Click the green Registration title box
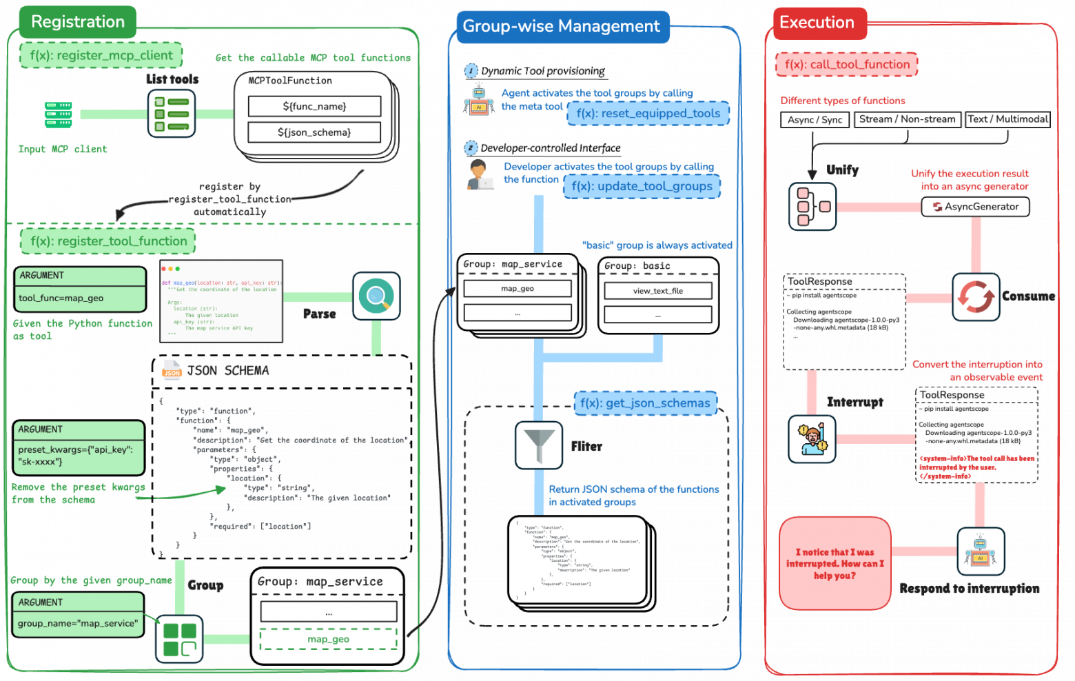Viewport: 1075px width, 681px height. (x=78, y=22)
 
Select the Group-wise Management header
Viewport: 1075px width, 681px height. (x=561, y=27)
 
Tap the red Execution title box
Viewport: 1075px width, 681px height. (x=817, y=23)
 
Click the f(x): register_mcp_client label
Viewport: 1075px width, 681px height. (x=101, y=55)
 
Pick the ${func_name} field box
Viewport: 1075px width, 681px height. (x=314, y=106)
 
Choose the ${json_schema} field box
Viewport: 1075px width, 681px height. (x=314, y=132)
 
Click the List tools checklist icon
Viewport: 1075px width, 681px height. (x=172, y=114)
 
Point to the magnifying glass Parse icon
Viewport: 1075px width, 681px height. (x=376, y=296)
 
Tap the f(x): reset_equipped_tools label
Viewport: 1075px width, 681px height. (x=648, y=114)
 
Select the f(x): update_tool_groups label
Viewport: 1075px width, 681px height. (x=642, y=186)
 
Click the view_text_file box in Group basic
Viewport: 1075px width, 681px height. (x=658, y=291)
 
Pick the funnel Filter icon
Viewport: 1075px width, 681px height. (x=539, y=445)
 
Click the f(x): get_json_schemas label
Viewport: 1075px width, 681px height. (x=645, y=403)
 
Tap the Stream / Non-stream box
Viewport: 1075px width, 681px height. (x=907, y=119)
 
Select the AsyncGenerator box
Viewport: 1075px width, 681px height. (x=975, y=207)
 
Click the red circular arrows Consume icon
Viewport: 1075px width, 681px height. (x=976, y=297)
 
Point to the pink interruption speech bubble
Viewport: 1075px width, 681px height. (x=835, y=563)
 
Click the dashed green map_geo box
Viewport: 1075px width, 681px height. (x=329, y=639)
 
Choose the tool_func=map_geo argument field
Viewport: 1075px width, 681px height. (x=80, y=298)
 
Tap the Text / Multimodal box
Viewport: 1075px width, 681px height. (x=1007, y=119)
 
